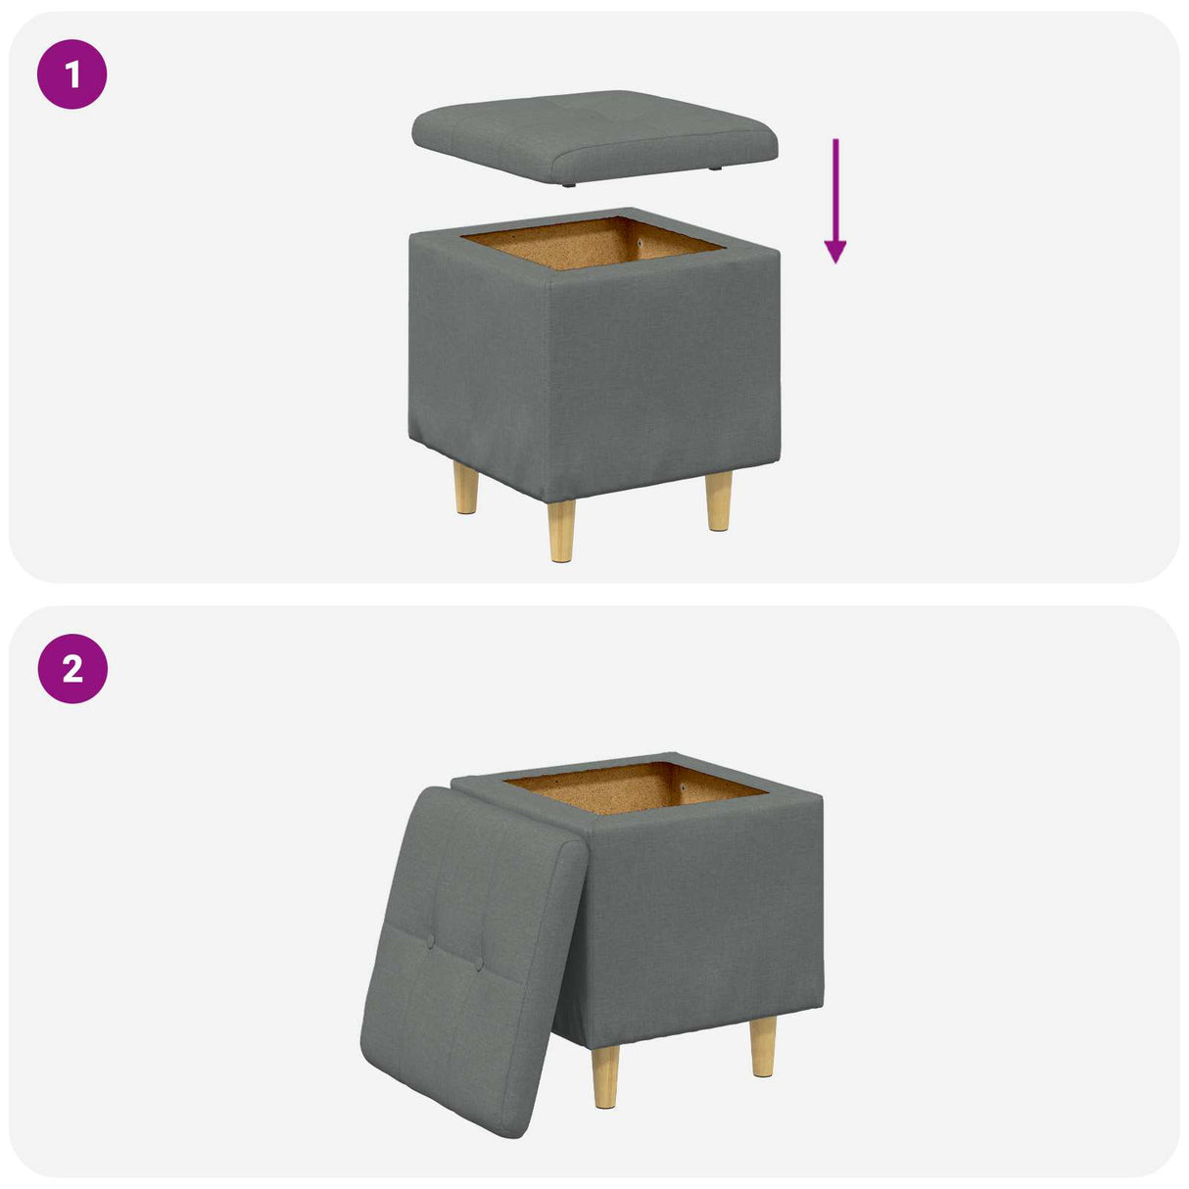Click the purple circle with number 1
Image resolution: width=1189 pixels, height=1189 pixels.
(71, 74)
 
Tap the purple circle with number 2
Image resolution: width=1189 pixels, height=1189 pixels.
(71, 669)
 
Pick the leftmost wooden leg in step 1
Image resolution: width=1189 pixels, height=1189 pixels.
(466, 491)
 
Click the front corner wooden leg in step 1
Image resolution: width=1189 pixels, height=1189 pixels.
(561, 531)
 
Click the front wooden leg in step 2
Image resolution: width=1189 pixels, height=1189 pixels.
(606, 1075)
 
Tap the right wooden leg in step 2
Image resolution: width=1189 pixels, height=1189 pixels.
(763, 1046)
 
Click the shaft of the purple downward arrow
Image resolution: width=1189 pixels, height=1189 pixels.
(835, 186)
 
